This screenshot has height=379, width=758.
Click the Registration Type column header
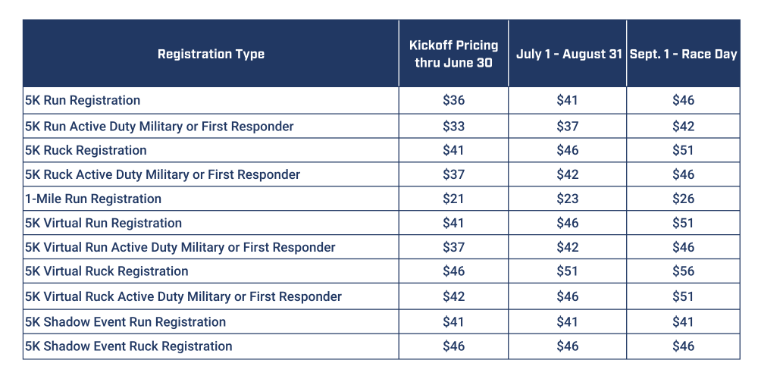tap(211, 54)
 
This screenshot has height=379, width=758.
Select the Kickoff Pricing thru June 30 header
tap(453, 54)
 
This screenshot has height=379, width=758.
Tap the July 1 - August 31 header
tap(568, 55)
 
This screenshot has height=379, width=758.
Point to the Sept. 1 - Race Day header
tap(683, 55)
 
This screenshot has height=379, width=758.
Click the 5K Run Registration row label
tap(83, 100)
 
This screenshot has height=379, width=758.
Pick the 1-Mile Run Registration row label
tap(93, 199)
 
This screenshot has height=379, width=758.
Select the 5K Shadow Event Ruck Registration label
tap(129, 346)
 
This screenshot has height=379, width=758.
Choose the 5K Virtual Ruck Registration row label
tap(107, 271)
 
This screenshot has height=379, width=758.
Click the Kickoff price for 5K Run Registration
tap(453, 100)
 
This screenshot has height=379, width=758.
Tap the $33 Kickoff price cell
tap(453, 126)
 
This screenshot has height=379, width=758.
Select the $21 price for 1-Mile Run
tap(453, 199)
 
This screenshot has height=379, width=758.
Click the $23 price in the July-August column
tap(568, 199)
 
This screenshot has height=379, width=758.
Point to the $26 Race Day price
tap(683, 199)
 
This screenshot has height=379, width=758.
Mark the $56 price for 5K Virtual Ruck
tap(683, 271)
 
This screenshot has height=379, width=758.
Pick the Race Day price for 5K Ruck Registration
tap(683, 150)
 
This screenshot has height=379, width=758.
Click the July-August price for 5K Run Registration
tap(568, 100)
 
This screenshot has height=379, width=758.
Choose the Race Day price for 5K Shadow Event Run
tap(683, 322)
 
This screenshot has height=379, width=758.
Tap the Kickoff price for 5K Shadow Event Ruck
tap(453, 346)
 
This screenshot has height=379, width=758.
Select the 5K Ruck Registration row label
tap(86, 150)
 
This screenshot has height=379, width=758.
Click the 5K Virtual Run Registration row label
tap(104, 223)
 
